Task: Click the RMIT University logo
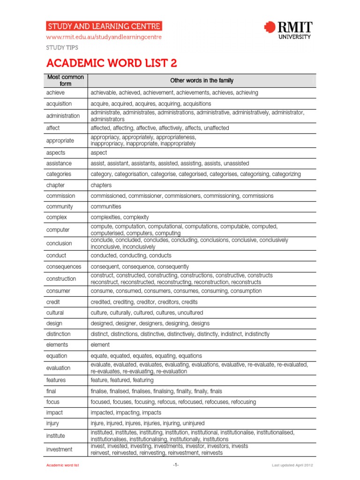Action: [288, 30]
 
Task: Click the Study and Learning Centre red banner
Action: [104, 26]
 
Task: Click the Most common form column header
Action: [66, 80]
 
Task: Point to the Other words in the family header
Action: [202, 81]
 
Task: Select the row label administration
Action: [63, 116]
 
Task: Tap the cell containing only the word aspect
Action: [98, 153]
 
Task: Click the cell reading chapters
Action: [101, 185]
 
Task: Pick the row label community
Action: [60, 207]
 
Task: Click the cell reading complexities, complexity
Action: [120, 217]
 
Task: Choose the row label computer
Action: [58, 230]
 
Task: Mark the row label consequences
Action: [64, 267]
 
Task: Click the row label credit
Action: [53, 302]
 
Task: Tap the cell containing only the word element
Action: [100, 345]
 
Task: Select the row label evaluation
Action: [58, 368]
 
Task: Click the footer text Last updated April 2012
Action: [292, 465]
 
